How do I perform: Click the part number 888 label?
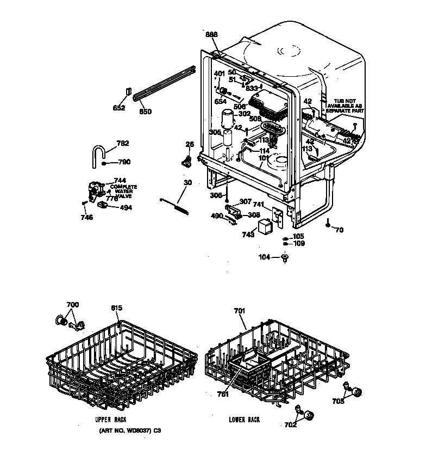tap(211, 35)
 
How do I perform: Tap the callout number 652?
tap(118, 108)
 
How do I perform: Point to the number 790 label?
tap(124, 162)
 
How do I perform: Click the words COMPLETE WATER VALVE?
tap(124, 192)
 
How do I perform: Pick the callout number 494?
tap(125, 207)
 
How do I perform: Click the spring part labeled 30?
tap(177, 205)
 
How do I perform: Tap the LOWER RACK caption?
tap(244, 420)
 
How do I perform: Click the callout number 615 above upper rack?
tap(116, 308)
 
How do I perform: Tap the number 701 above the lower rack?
tap(240, 311)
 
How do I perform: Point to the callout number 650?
tap(145, 112)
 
